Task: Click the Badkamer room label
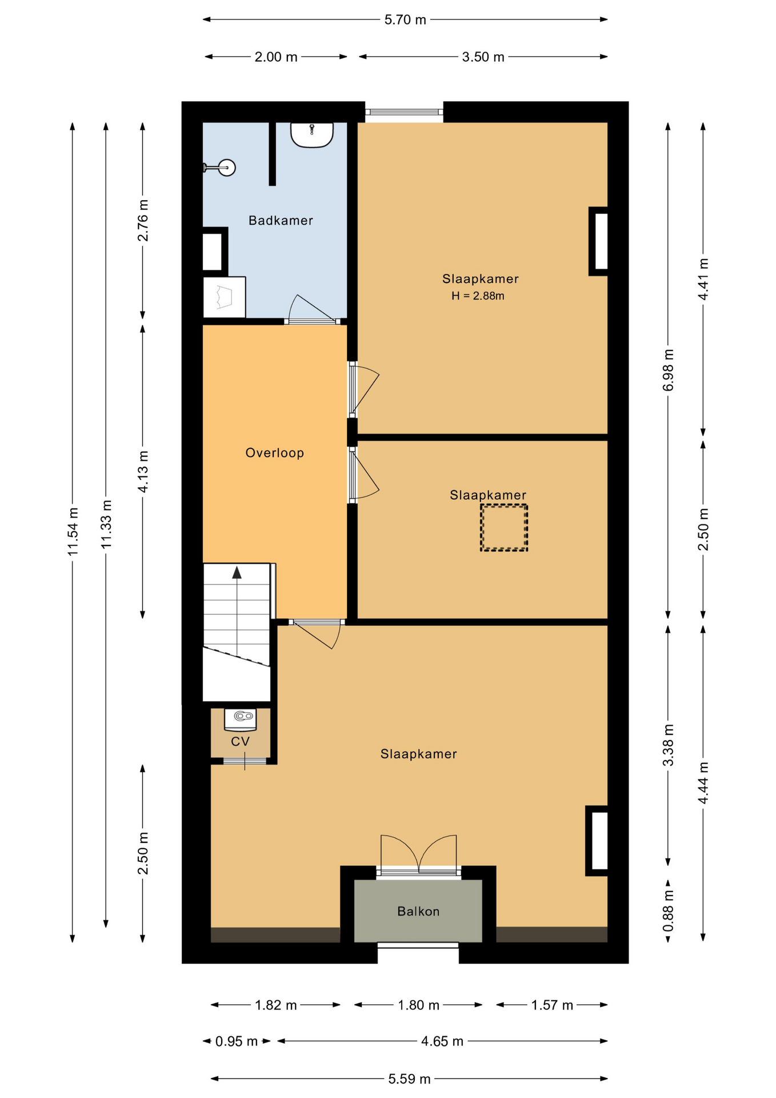coord(281,220)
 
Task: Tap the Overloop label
coord(275,453)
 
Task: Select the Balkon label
coord(418,911)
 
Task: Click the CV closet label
coord(241,741)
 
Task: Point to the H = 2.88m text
coord(478,296)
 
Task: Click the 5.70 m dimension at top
coord(405,20)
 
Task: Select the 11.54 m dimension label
coord(73,531)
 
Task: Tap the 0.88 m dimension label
coord(668,910)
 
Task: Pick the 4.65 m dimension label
coord(442,1041)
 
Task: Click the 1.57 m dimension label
coord(552,1005)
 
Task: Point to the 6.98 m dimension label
coord(668,370)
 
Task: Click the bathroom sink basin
coord(312,135)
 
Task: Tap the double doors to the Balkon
coord(419,853)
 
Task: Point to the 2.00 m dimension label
coord(276,57)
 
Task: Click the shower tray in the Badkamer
coord(225,297)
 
